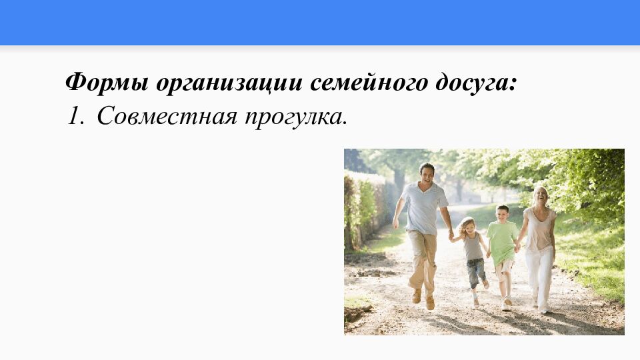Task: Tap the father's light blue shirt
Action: click(x=424, y=208)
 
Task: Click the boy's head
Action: click(x=502, y=213)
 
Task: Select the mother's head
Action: click(x=541, y=195)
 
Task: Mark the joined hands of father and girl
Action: click(x=451, y=235)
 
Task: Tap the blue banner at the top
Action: click(x=320, y=23)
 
